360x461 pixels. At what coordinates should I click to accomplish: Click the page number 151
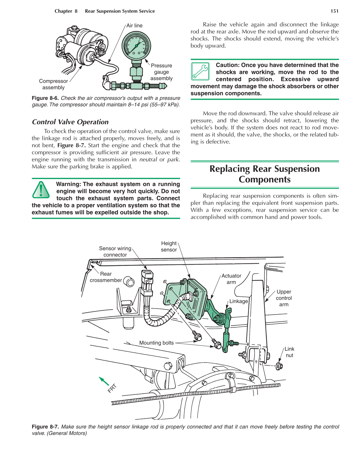[334, 11]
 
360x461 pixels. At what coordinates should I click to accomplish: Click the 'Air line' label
[134, 26]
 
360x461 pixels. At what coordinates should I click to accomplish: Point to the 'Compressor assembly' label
[53, 84]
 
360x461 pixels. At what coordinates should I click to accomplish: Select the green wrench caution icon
[200, 71]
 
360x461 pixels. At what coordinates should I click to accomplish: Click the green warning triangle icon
[41, 190]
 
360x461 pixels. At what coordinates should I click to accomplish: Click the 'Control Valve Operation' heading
[70, 122]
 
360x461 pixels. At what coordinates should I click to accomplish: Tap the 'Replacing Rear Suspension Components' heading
[264, 174]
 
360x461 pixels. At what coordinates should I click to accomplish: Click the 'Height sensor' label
[169, 246]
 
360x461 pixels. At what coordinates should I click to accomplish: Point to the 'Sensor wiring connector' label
[115, 252]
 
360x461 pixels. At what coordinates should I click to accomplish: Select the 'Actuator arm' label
[231, 279]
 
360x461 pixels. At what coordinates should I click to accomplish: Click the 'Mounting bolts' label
[156, 343]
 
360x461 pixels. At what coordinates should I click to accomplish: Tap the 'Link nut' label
[289, 352]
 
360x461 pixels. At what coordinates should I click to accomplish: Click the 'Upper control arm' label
[284, 298]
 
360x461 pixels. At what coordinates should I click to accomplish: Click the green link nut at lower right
[279, 366]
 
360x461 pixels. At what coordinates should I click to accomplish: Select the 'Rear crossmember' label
[106, 277]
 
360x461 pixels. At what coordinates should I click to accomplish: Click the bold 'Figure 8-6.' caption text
[45, 98]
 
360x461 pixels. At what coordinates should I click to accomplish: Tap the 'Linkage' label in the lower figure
[239, 301]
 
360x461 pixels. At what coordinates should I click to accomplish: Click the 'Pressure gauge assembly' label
[161, 72]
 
